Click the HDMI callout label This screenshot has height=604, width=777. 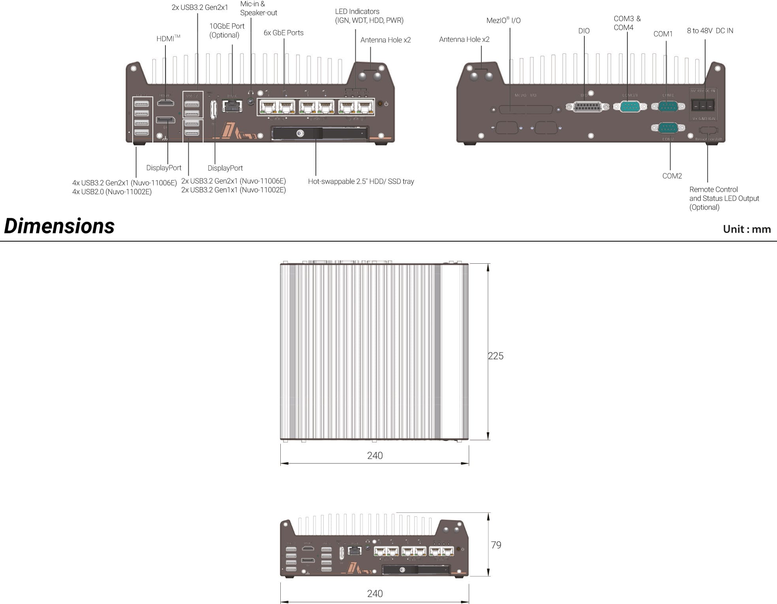coord(168,39)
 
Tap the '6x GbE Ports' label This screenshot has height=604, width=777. coord(283,33)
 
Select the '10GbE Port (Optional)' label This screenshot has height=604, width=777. coord(227,30)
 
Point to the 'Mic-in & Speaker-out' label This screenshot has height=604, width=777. coord(258,8)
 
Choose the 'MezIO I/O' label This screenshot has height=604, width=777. coord(503,21)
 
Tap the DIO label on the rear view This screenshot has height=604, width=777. coord(584,31)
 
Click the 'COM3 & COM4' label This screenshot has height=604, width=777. coord(627,23)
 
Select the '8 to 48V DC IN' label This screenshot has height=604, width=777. coord(709,31)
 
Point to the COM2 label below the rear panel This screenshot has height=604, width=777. coord(672,176)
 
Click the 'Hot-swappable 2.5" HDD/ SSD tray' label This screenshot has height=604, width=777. coord(361,182)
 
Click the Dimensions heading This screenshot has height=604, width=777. coord(59,226)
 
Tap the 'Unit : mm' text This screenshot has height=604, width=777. coord(747,229)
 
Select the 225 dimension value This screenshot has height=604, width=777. coord(495,356)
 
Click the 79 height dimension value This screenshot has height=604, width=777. coord(496,545)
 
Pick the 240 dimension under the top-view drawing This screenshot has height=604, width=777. coord(375,456)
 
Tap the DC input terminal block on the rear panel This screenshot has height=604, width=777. coord(703,105)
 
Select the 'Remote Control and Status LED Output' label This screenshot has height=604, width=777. coord(724,198)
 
